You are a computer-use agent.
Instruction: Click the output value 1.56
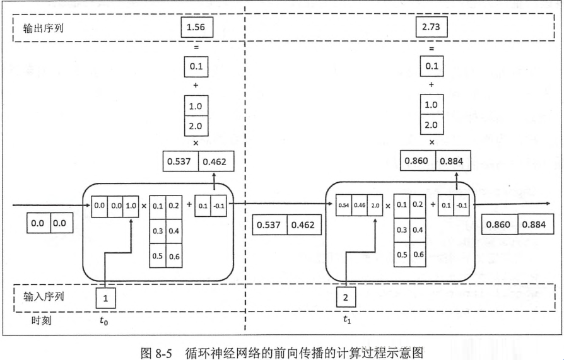(196, 28)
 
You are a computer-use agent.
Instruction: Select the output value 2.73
(432, 28)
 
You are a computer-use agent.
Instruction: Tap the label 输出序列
(44, 28)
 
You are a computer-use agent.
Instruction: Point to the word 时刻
(42, 320)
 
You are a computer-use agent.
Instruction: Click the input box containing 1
(106, 297)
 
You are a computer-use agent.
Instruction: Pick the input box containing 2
(345, 297)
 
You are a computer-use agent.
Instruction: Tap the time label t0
(104, 320)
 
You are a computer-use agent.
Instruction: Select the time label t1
(347, 320)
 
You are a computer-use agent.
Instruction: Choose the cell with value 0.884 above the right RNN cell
(450, 161)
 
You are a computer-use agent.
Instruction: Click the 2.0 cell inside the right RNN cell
(373, 206)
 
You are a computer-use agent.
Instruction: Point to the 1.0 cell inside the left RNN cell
(131, 206)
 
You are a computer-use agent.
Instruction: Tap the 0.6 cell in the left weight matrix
(173, 255)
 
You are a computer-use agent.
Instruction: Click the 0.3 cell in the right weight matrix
(401, 230)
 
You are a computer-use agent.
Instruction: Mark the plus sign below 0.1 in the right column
(432, 84)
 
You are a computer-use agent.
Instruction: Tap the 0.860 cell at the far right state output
(500, 224)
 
